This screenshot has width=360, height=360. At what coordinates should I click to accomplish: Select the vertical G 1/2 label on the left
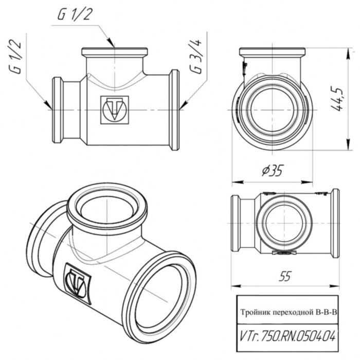click(17, 61)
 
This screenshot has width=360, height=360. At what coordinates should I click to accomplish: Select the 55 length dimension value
click(285, 276)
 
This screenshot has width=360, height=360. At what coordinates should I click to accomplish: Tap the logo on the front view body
click(112, 109)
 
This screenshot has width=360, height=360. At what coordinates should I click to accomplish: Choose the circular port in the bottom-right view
click(283, 224)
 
